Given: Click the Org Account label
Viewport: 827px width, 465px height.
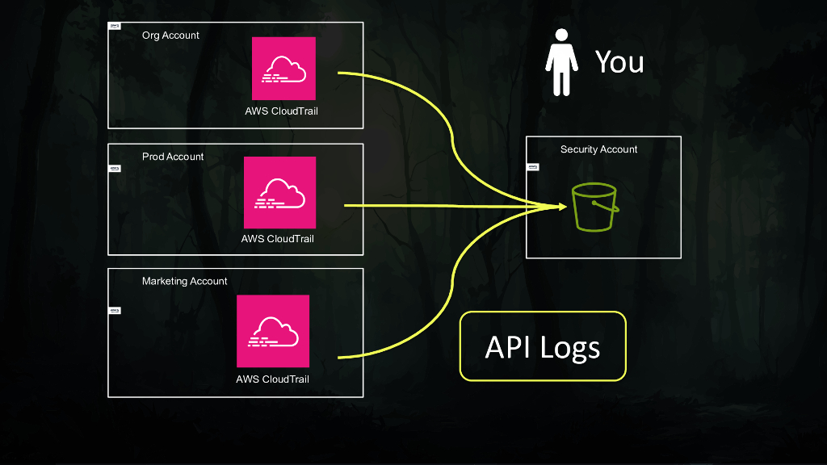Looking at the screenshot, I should (170, 36).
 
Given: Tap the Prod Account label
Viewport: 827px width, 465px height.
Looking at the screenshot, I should (173, 157).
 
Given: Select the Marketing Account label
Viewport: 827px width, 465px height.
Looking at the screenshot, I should (185, 281).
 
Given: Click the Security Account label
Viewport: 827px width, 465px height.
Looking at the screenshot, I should (598, 149).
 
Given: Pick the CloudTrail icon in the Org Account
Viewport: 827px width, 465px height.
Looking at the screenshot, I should (283, 69).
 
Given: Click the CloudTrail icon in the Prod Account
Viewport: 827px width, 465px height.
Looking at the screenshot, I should (279, 193).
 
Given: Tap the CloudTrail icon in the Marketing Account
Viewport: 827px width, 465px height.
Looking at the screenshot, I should (273, 331).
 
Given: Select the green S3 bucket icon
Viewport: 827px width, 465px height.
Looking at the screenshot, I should (595, 207).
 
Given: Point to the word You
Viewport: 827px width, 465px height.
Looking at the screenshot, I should (619, 62).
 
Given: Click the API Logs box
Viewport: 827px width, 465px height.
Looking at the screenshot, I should (543, 346).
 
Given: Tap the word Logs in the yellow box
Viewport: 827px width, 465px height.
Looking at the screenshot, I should (570, 348).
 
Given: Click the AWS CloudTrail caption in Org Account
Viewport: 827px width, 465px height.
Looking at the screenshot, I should (281, 111).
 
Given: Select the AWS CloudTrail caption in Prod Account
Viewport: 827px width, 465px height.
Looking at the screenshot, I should (278, 239).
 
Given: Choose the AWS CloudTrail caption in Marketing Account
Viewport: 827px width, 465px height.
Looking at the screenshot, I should (272, 379).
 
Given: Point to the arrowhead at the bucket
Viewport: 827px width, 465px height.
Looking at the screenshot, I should (560, 207).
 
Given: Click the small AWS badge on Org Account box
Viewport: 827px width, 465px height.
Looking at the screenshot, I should (115, 27).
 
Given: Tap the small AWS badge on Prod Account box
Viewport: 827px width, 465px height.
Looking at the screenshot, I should (115, 169).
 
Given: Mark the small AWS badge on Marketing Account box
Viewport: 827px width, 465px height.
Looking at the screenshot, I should (115, 310).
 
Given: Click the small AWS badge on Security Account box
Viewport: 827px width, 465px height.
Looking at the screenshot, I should (532, 167).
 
